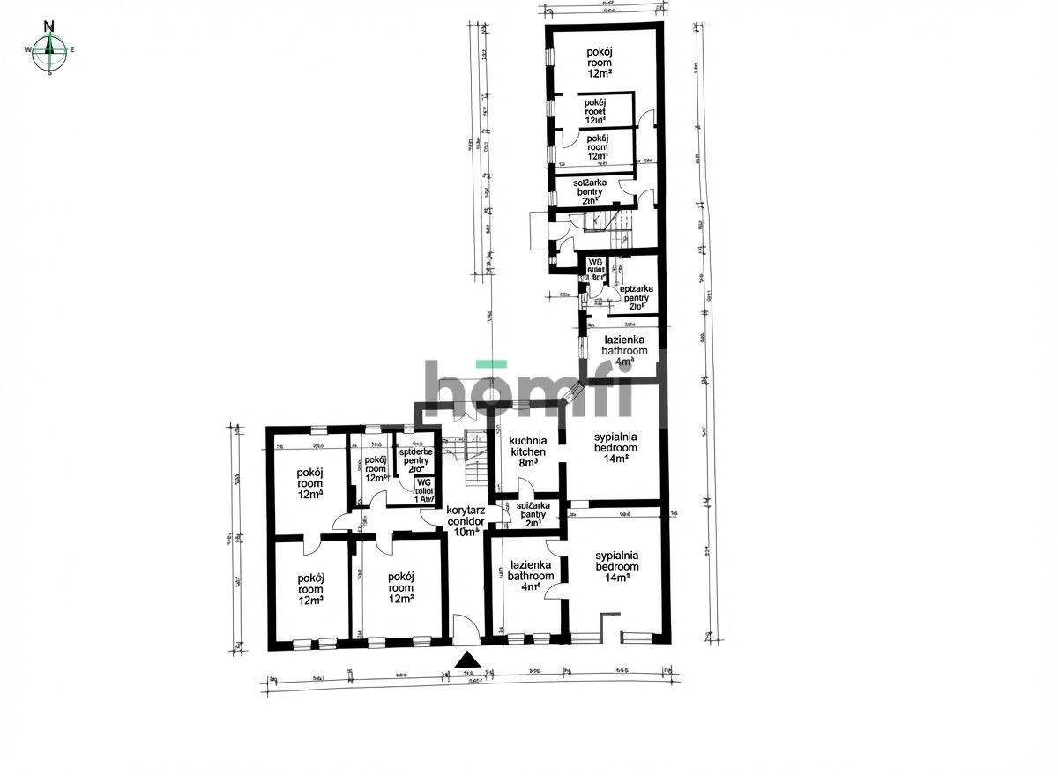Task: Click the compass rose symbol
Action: tap(50, 49)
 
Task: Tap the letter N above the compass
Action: tap(50, 26)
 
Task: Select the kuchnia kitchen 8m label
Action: tap(528, 451)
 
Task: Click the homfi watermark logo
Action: tap(529, 388)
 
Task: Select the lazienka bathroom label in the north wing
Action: tap(624, 350)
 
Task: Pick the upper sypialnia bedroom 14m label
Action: tap(615, 448)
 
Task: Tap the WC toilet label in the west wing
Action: tap(424, 489)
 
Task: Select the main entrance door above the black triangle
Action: tap(466, 629)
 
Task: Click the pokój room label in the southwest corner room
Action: tap(309, 589)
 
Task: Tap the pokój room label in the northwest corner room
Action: tap(309, 483)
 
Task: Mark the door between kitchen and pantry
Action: tap(525, 488)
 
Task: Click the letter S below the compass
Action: tap(50, 73)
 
